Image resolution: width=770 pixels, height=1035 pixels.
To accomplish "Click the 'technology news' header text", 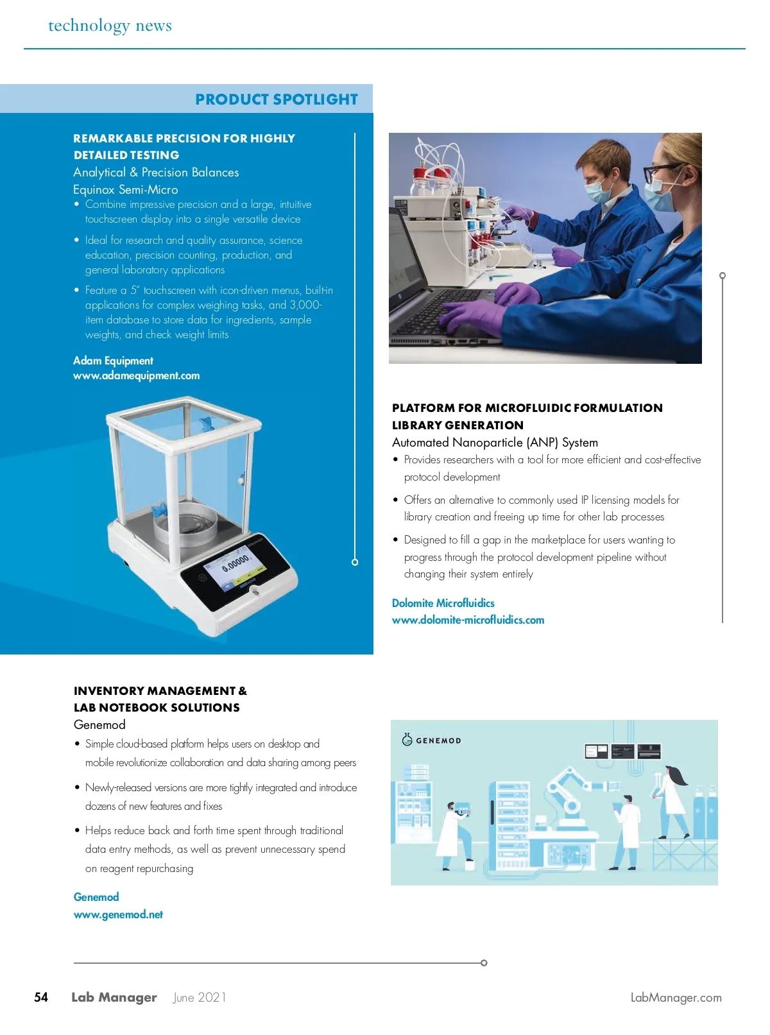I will (110, 26).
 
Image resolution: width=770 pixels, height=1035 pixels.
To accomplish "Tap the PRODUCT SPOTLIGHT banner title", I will (276, 99).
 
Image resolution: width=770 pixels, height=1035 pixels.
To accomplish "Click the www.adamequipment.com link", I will (136, 376).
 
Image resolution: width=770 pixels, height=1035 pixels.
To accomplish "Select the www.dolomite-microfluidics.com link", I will (468, 620).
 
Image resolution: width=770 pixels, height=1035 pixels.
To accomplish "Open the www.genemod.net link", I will (118, 914).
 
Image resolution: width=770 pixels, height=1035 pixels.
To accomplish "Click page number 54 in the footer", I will (41, 997).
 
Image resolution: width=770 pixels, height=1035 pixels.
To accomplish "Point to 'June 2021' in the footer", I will (199, 997).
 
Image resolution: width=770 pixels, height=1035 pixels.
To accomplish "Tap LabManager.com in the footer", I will (676, 998).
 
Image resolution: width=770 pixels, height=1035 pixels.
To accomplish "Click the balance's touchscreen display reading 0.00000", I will (235, 565).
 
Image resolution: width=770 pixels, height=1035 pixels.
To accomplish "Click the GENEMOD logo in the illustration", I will (431, 740).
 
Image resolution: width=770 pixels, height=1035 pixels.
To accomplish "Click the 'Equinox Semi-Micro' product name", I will (126, 190).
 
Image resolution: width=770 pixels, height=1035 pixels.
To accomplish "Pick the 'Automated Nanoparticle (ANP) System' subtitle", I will (495, 443).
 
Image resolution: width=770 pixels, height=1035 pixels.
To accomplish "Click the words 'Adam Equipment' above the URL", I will (113, 361).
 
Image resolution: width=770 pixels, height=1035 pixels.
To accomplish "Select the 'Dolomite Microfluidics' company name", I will (443, 603).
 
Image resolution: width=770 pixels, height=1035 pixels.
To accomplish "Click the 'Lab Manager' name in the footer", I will (114, 997).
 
